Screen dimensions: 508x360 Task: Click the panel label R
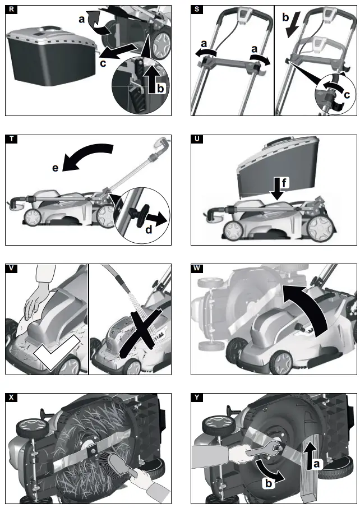pos(11,10)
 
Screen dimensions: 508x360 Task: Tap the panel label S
pos(196,10)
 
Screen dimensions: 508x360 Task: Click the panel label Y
pos(196,398)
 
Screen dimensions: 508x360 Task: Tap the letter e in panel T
pos(56,168)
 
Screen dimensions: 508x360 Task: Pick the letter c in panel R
pos(103,63)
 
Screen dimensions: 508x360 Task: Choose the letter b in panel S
pos(285,18)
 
